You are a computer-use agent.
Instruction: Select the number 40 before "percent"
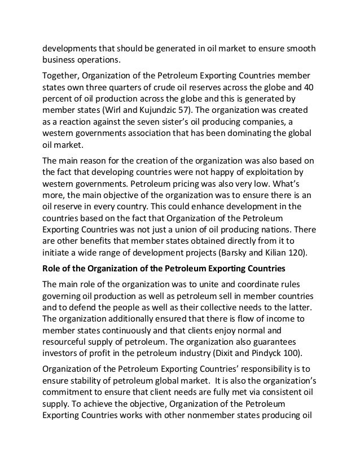pos(308,88)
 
